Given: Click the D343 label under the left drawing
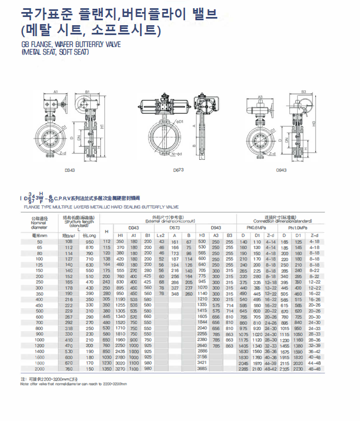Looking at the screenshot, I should tap(69, 170).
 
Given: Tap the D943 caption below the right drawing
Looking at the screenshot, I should tap(282, 170).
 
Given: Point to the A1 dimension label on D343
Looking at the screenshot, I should tap(56, 91).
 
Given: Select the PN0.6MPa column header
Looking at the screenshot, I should tap(256, 227).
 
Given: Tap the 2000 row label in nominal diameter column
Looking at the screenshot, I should tap(39, 368).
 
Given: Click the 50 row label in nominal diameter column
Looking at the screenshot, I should tap(39, 241).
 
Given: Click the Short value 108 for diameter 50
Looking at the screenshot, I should tap(69, 241).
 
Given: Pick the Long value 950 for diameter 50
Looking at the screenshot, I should tap(89, 241).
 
